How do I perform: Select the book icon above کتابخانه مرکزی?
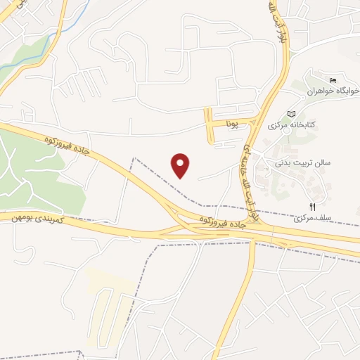coord(292,113)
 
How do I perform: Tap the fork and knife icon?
coord(312,207)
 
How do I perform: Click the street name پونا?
coord(233,123)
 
